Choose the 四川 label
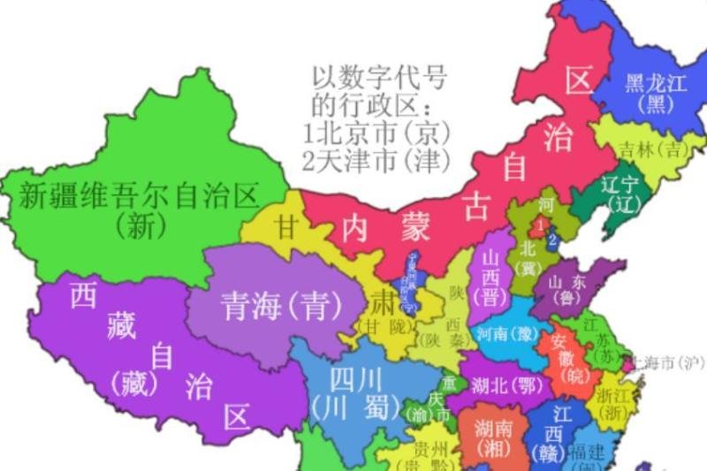point(357,381)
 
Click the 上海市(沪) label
point(667,362)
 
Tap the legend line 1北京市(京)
point(376,135)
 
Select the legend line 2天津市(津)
point(376,161)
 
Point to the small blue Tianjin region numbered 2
point(551,239)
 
